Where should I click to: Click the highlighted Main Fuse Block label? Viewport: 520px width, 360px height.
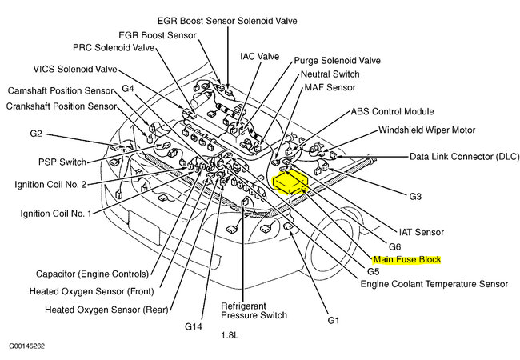tap(406, 260)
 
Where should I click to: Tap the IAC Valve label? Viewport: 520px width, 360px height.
tap(259, 57)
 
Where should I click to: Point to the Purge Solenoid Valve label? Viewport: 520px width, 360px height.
tap(338, 60)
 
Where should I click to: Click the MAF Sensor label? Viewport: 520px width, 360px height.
tap(329, 86)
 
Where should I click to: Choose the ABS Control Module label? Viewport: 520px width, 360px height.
tap(392, 112)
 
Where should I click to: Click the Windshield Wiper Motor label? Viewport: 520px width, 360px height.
tap(426, 130)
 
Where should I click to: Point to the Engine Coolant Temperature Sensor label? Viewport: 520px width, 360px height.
tap(434, 284)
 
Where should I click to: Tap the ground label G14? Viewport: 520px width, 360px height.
tap(194, 326)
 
